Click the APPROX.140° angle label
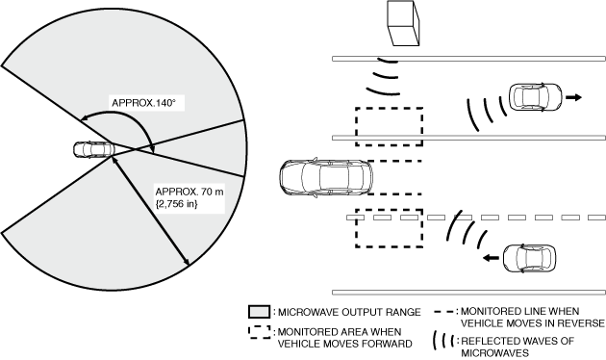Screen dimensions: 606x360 click(x=143, y=103)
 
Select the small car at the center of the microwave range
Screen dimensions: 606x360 click(x=94, y=149)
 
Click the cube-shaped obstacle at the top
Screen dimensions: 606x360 click(x=403, y=23)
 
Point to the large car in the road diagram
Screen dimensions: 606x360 click(x=326, y=177)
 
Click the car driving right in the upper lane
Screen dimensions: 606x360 click(x=535, y=96)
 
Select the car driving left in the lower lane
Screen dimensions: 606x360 click(x=529, y=258)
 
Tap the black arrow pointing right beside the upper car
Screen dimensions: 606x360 click(x=573, y=97)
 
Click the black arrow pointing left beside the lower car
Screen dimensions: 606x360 click(x=491, y=258)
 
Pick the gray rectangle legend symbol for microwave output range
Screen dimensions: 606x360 click(x=259, y=312)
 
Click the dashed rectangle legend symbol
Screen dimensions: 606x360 click(x=260, y=332)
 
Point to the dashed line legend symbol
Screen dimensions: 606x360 click(x=444, y=312)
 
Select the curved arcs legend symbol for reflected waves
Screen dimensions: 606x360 click(x=443, y=341)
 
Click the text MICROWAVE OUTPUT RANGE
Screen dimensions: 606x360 click(x=349, y=312)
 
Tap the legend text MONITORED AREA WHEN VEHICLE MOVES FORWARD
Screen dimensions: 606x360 click(x=344, y=338)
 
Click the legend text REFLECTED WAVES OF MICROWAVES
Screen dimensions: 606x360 click(x=518, y=347)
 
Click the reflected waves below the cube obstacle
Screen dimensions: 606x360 click(x=384, y=77)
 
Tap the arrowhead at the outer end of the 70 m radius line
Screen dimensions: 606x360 click(x=187, y=262)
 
